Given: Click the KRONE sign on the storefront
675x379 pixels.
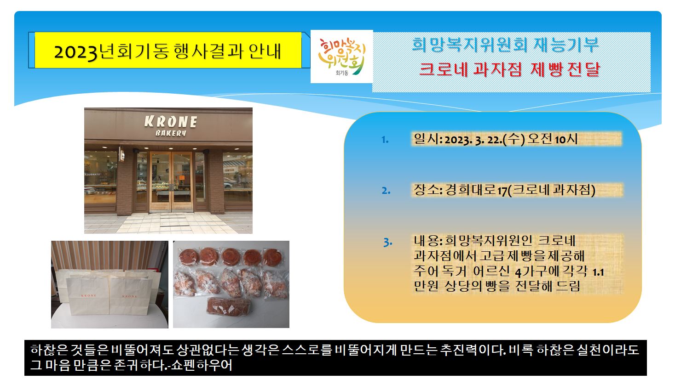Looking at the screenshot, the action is point(171,122).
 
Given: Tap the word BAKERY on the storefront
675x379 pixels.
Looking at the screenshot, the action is point(171,133).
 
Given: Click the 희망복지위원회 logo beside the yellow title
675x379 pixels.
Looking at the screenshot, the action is point(342,57).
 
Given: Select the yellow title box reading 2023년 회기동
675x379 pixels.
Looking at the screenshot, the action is point(168,50).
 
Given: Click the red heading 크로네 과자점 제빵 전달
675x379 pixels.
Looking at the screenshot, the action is point(509,69).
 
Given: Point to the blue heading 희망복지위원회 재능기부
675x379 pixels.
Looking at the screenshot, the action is point(505,45).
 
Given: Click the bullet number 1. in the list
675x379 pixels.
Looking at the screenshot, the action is point(385,140).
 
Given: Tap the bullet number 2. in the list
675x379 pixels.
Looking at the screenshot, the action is point(386,190).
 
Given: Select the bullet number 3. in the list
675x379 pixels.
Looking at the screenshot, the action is point(387,242).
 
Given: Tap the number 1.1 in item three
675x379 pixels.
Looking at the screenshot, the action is point(598,272).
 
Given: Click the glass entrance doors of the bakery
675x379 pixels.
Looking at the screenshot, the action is point(171,181).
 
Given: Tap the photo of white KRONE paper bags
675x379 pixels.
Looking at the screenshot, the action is point(110,284).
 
